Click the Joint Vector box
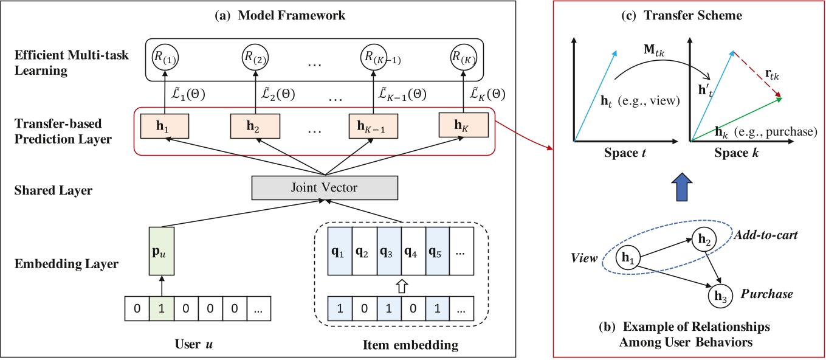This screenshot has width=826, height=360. [x=325, y=189]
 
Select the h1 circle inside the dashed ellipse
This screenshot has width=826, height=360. [x=628, y=259]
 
